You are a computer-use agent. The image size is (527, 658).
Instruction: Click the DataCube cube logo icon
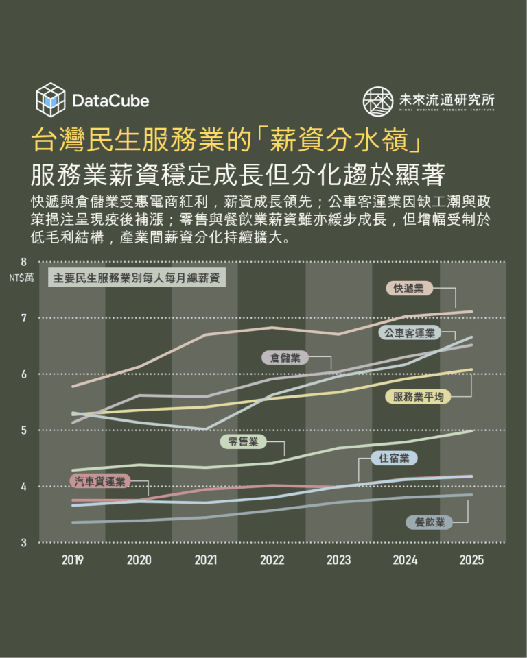tap(50, 99)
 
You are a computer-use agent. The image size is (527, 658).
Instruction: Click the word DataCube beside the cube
tap(110, 101)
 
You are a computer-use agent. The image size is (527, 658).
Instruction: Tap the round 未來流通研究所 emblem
tap(378, 101)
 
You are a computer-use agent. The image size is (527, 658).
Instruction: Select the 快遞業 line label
tap(408, 289)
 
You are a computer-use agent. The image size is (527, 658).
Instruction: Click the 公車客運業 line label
tap(410, 333)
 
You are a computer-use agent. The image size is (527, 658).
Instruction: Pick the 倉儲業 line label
tap(285, 357)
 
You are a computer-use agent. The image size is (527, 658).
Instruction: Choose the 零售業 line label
tap(243, 441)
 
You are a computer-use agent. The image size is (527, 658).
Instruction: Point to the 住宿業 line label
tap(394, 458)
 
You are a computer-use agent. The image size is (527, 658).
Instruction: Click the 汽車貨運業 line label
tap(100, 481)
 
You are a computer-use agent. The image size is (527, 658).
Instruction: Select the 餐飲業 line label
tap(430, 522)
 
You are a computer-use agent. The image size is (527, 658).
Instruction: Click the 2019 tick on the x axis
tap(72, 560)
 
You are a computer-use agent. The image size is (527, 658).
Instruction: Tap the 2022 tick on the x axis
tap(272, 560)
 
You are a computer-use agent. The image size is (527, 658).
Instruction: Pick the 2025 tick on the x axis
tap(472, 560)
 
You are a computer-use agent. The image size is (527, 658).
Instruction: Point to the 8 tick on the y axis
tap(24, 262)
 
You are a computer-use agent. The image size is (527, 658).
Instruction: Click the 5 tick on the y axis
tap(24, 430)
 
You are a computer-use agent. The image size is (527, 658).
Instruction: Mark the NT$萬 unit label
tap(21, 278)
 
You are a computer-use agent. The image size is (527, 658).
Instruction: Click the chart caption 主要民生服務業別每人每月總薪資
tap(136, 279)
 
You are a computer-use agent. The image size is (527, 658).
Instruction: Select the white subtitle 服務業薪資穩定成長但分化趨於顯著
tap(238, 173)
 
